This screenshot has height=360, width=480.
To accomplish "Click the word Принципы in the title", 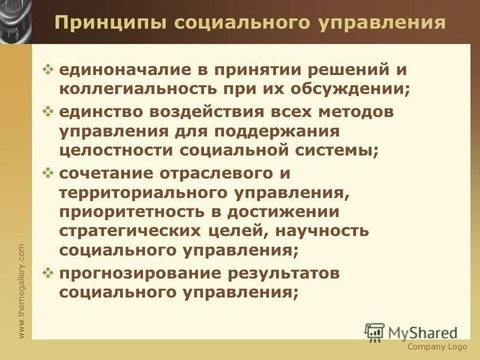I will (109, 23).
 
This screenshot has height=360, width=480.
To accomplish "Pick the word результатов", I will (284, 274).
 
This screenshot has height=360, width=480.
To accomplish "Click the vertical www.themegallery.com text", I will (22, 290).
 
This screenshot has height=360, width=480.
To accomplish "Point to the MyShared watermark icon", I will (374, 332).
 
